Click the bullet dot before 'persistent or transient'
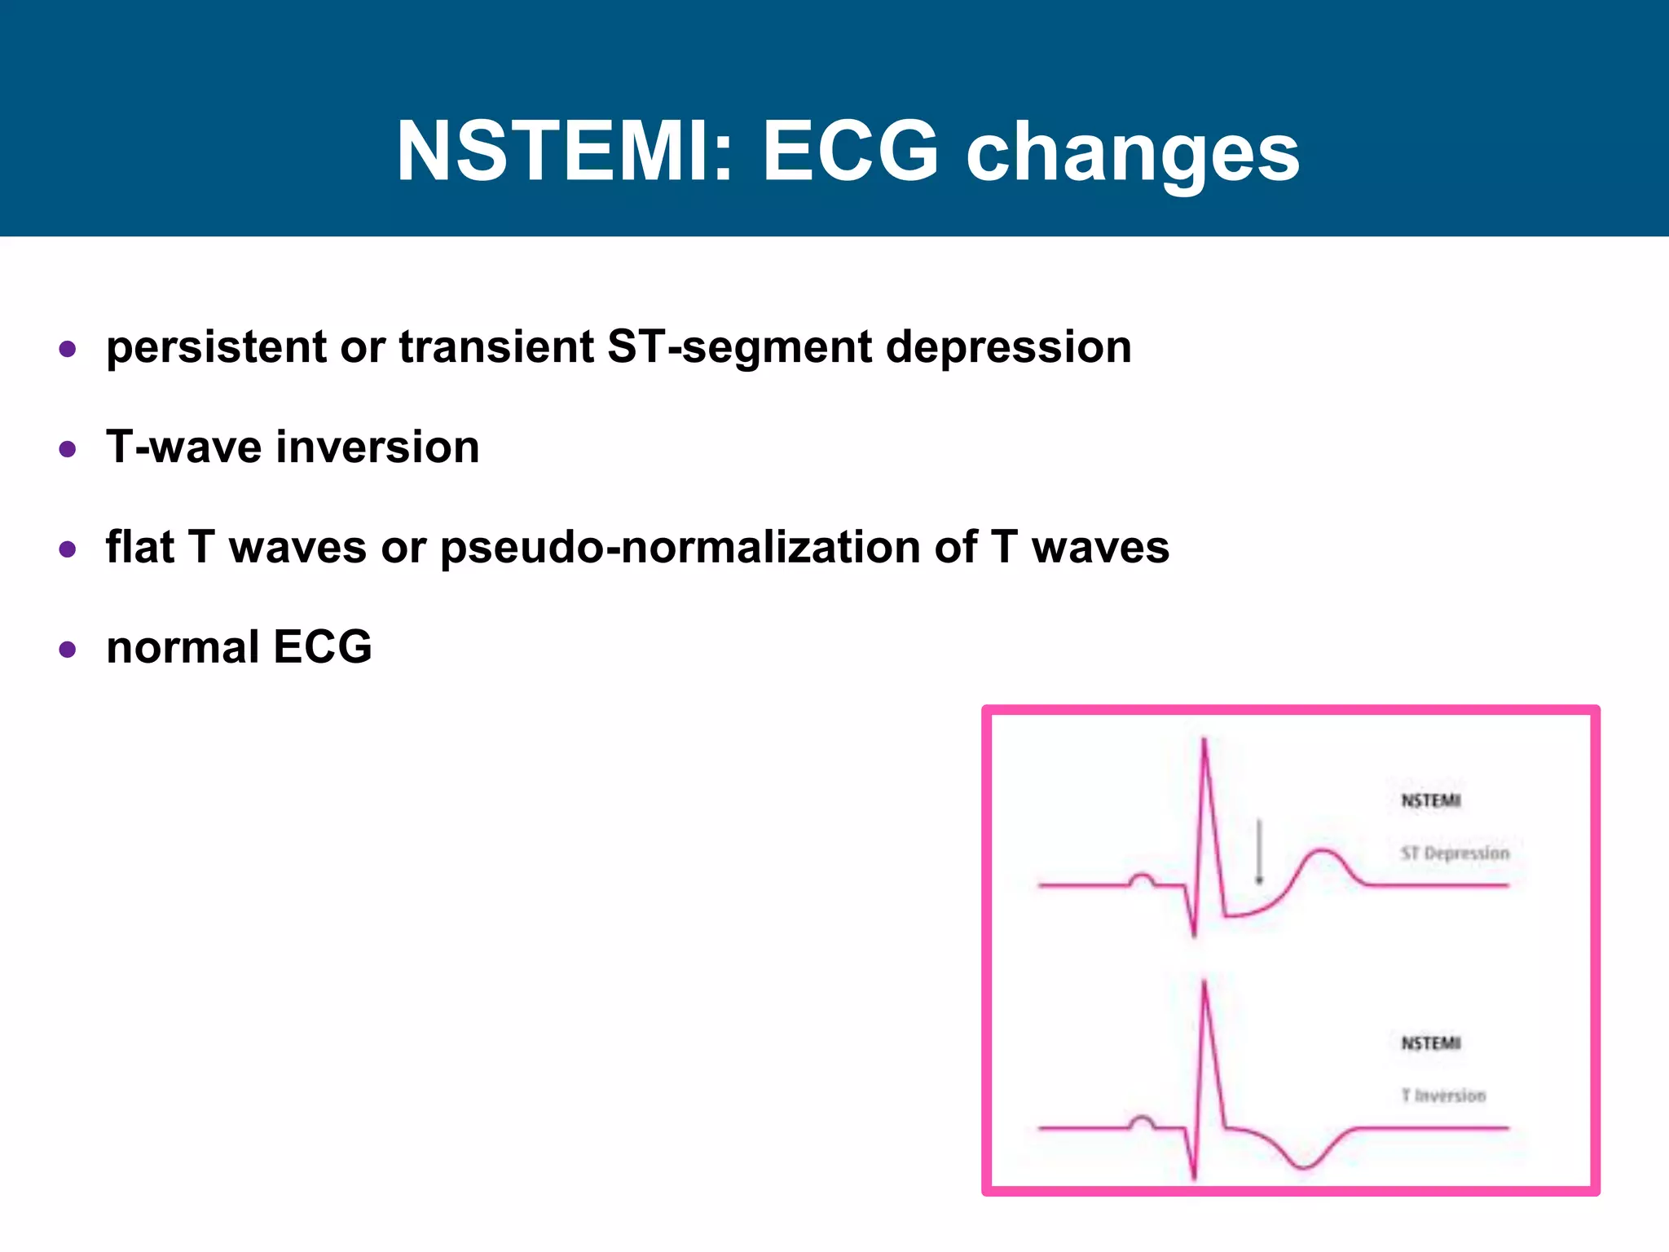[68, 350]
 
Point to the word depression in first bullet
[1008, 348]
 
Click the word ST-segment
[739, 348]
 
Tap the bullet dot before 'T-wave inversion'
[68, 449]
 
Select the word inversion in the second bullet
[377, 447]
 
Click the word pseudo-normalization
[680, 548]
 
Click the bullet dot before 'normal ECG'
[68, 650]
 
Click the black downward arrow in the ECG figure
[1259, 852]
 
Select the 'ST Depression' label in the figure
[1455, 853]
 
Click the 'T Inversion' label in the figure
[1443, 1095]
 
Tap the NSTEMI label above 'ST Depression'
[1431, 800]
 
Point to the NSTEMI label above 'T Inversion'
[1431, 1043]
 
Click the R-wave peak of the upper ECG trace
[1204, 742]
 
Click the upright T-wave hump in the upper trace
[1323, 853]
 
